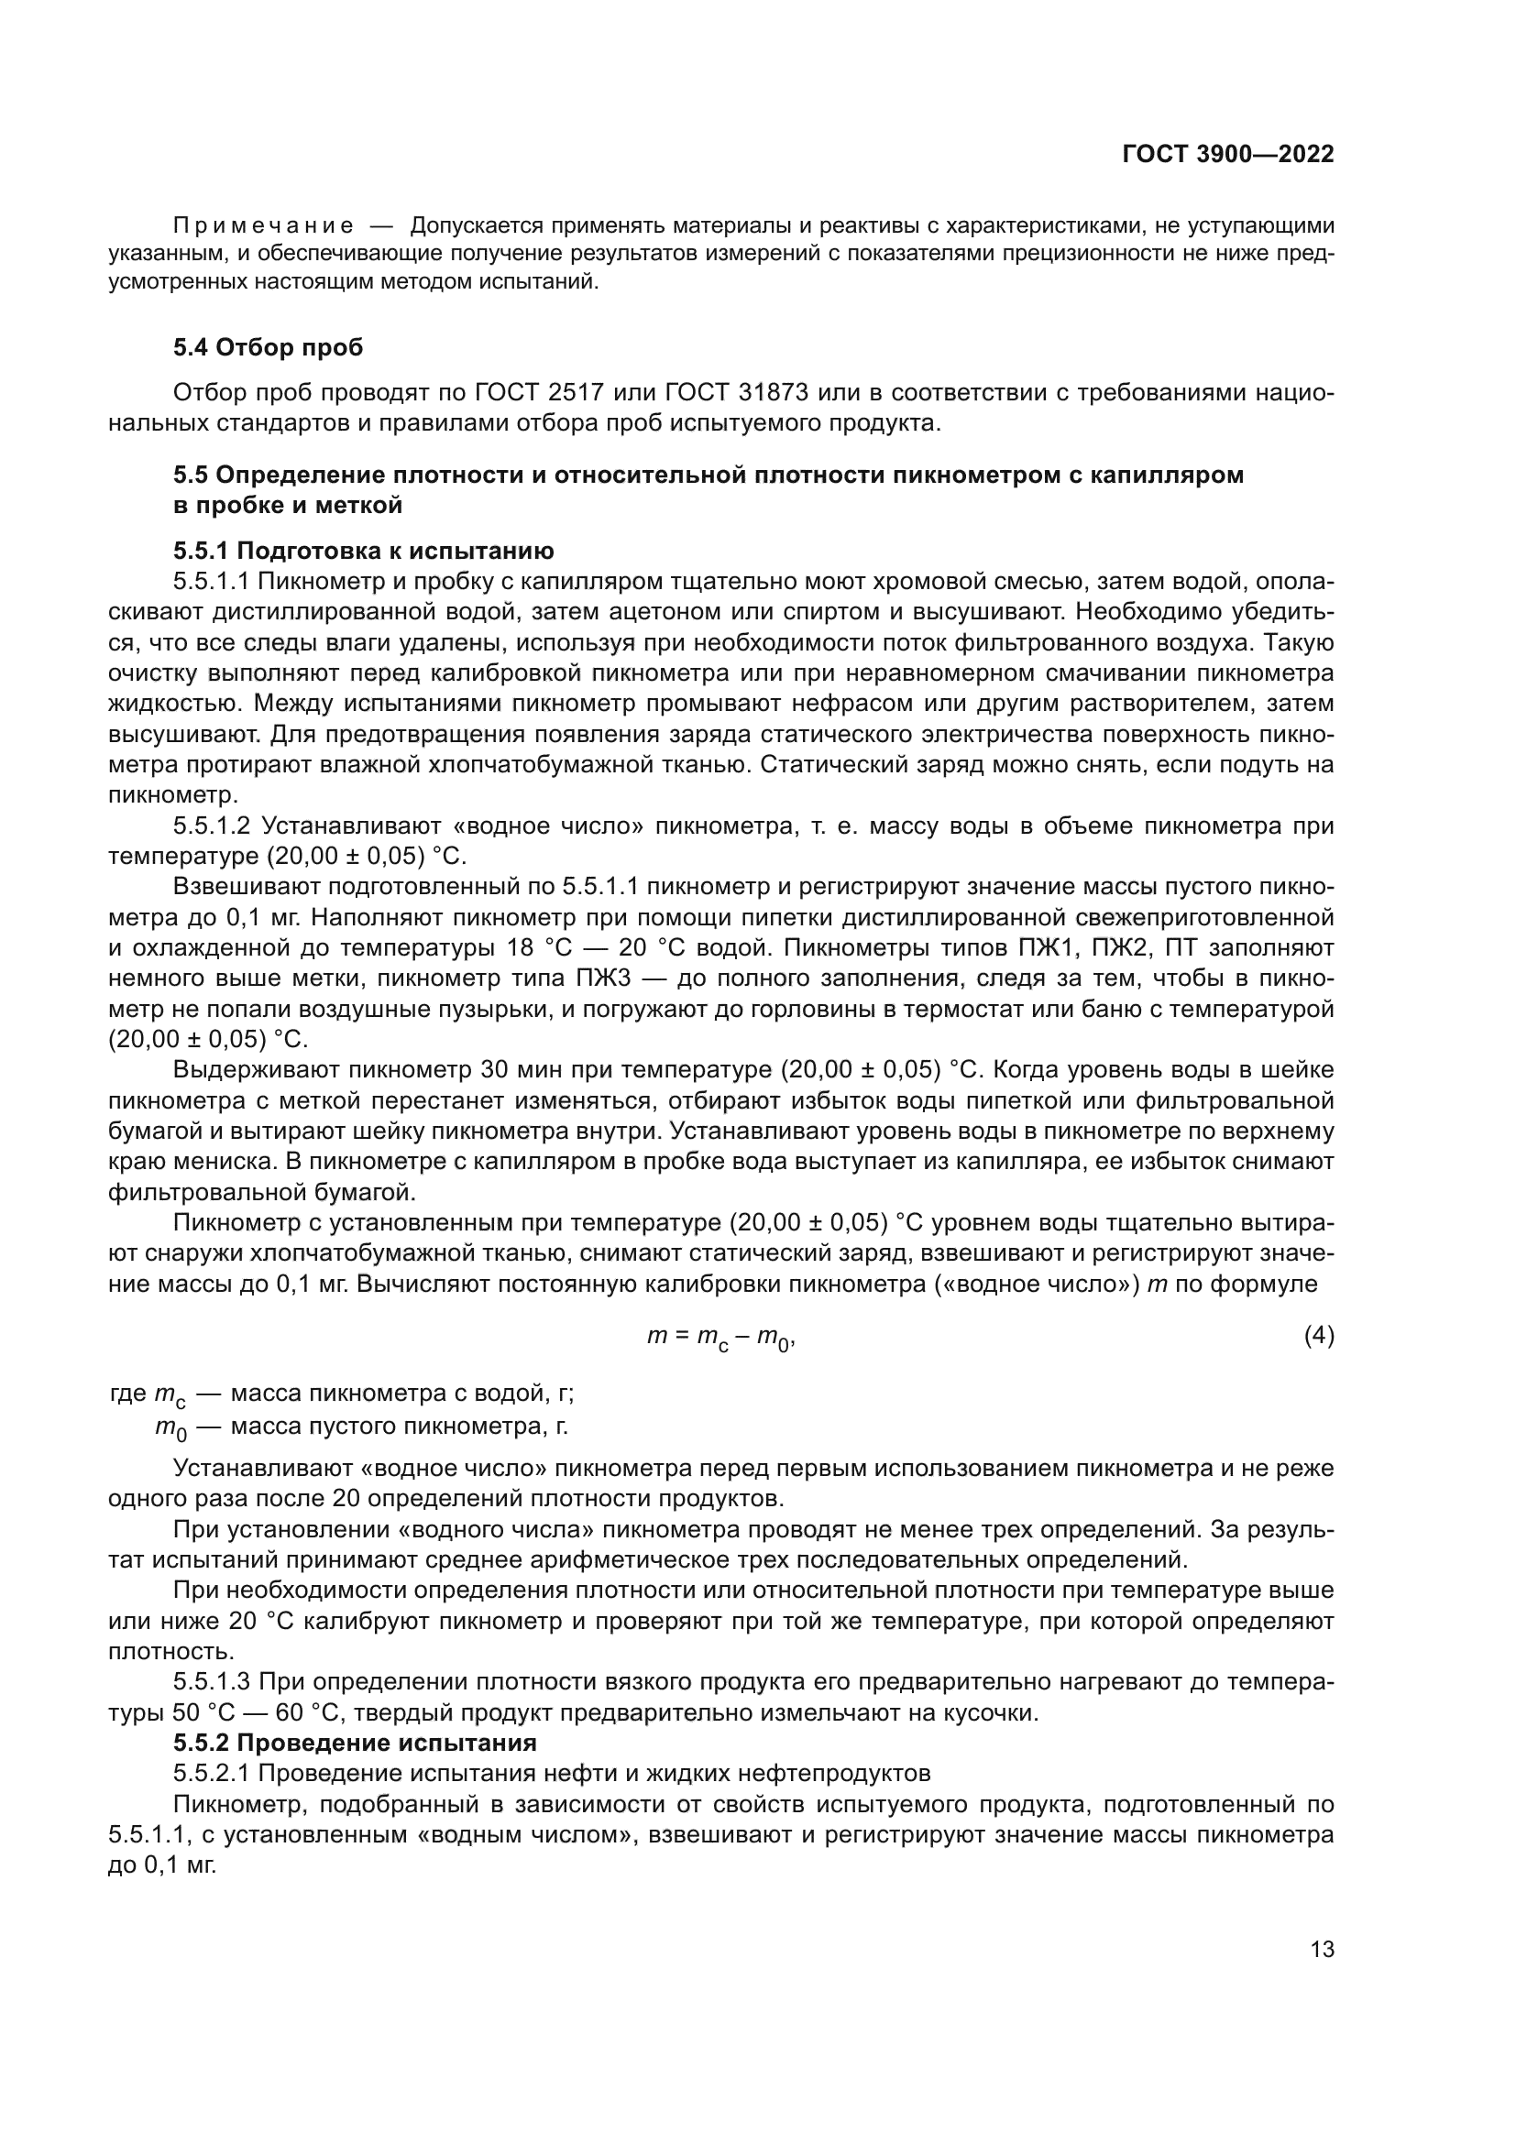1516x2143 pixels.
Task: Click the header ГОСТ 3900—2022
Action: (x=1227, y=155)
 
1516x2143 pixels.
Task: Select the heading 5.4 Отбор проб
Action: (x=268, y=348)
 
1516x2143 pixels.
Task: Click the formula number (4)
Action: (x=1318, y=1337)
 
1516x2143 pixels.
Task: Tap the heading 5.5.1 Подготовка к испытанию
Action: (x=363, y=551)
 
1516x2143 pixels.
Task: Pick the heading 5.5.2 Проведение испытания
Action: (x=355, y=1743)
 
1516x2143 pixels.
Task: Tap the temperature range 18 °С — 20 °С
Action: (x=594, y=947)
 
